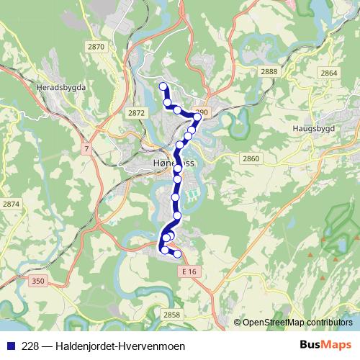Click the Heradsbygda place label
click(x=60, y=86)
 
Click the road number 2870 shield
click(x=95, y=46)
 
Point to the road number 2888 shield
click(x=270, y=71)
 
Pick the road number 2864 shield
click(x=328, y=73)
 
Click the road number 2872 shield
click(x=135, y=113)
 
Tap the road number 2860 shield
click(x=251, y=158)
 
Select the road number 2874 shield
click(x=12, y=204)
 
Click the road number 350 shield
click(x=38, y=281)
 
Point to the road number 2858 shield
click(x=171, y=315)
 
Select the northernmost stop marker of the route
click(x=163, y=87)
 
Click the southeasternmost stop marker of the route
click(x=177, y=254)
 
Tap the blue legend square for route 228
click(x=8, y=346)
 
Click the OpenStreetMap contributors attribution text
click(x=297, y=322)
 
